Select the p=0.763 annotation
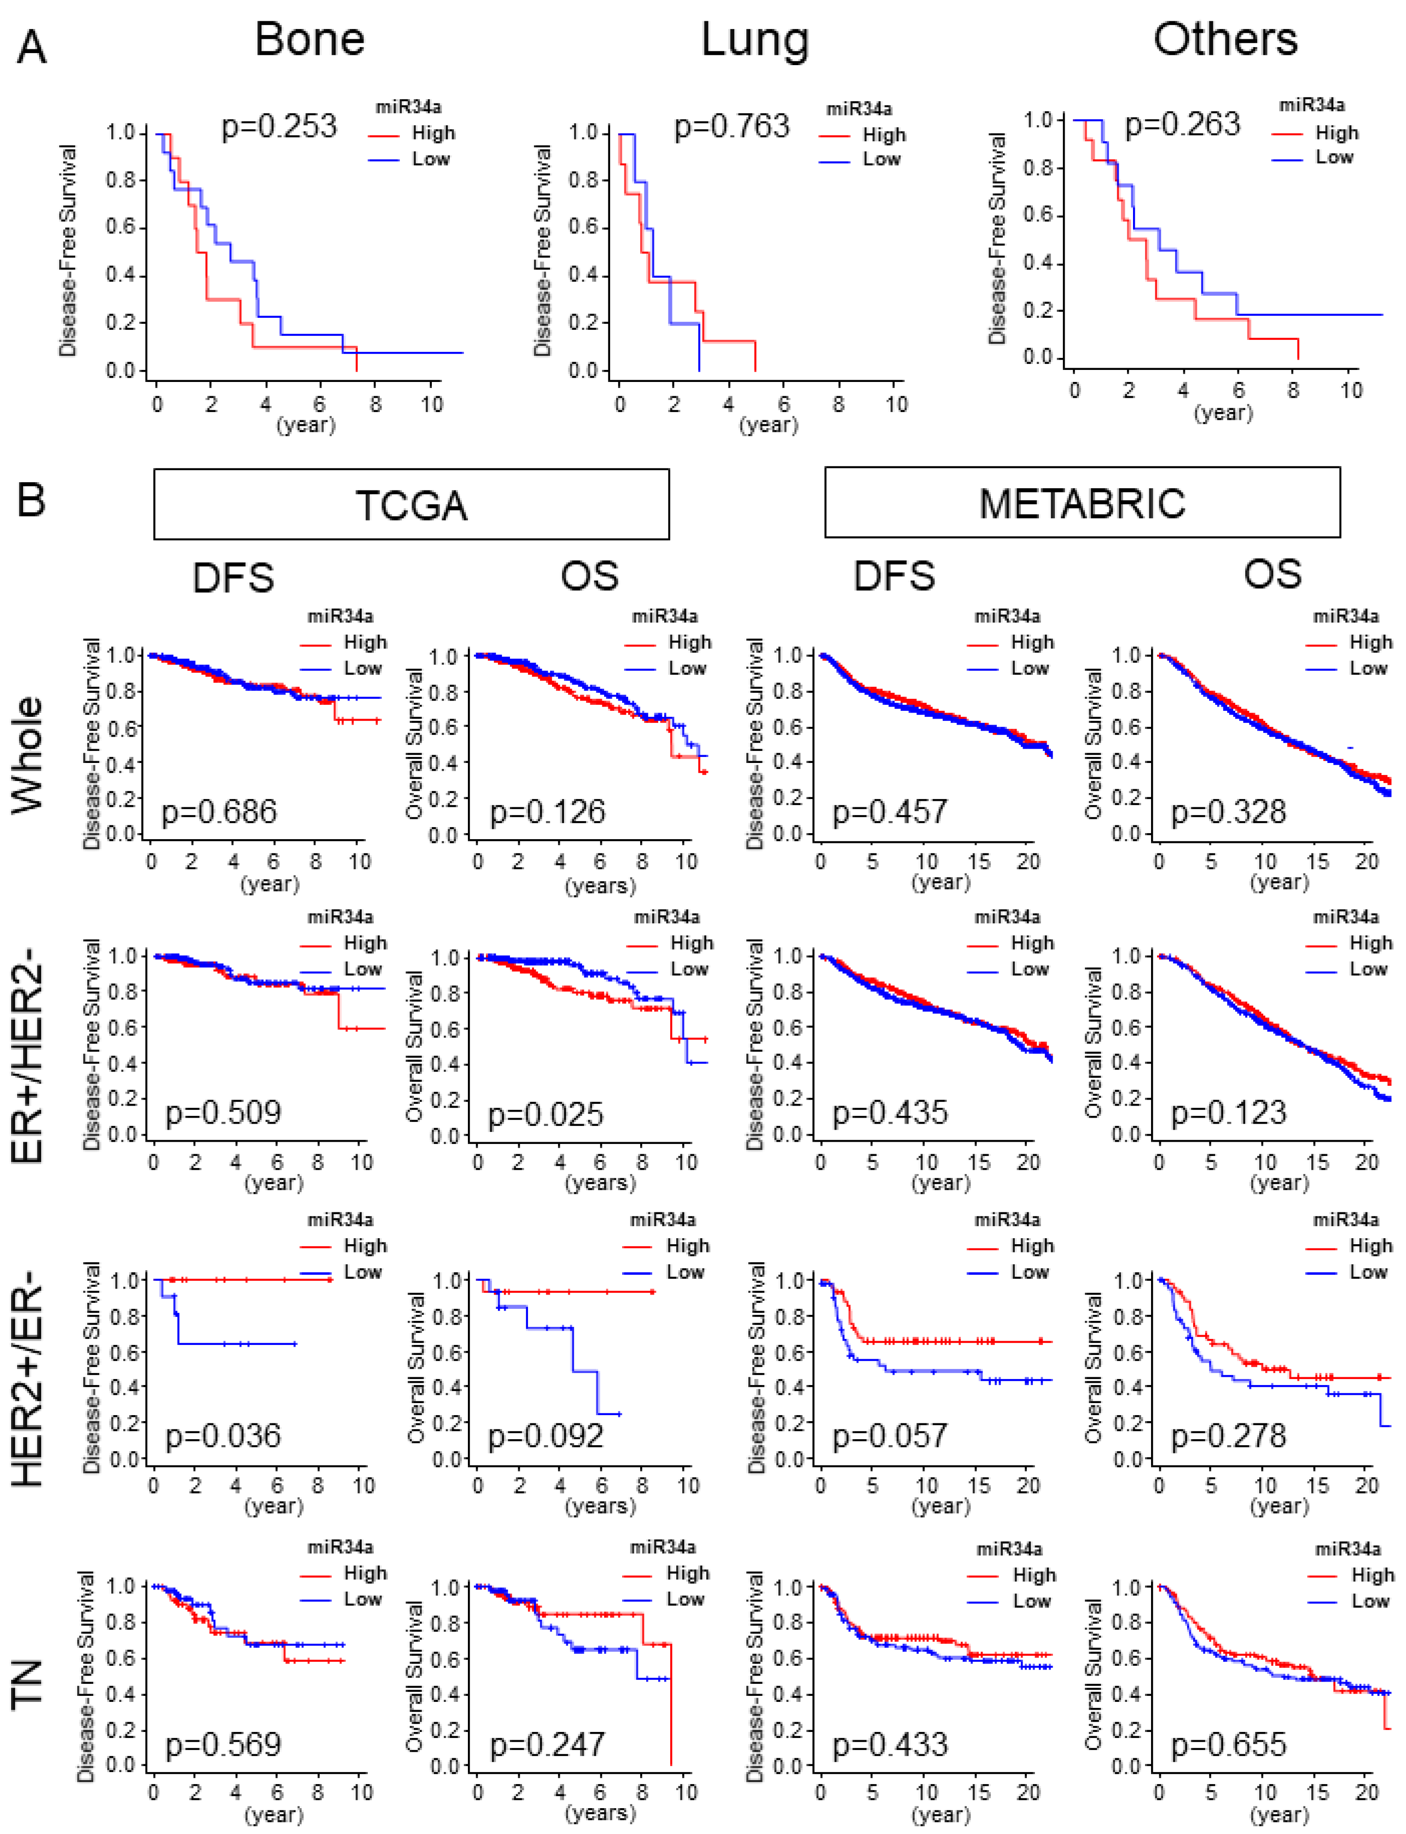[732, 127]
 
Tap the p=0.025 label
[545, 1114]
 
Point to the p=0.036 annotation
[223, 1436]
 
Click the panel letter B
[31, 500]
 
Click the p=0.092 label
[545, 1436]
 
